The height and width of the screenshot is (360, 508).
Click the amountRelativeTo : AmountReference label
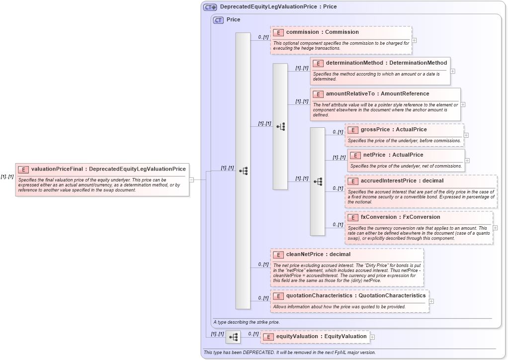tap(377, 93)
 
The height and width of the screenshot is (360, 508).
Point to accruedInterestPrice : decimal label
tap(402, 180)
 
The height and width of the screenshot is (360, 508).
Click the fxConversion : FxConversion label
tap(393, 217)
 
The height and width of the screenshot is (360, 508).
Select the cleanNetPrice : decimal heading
tap(318, 255)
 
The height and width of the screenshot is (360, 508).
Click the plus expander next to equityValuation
tap(372, 337)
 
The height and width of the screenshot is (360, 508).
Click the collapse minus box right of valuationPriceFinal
tap(191, 180)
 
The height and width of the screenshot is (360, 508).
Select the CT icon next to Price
tap(218, 20)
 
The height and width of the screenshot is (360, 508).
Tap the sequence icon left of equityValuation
tap(233, 337)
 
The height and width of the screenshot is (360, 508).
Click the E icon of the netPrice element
tap(355, 155)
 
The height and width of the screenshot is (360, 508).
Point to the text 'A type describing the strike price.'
tap(247, 322)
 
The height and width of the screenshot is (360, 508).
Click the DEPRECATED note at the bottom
tap(289, 353)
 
